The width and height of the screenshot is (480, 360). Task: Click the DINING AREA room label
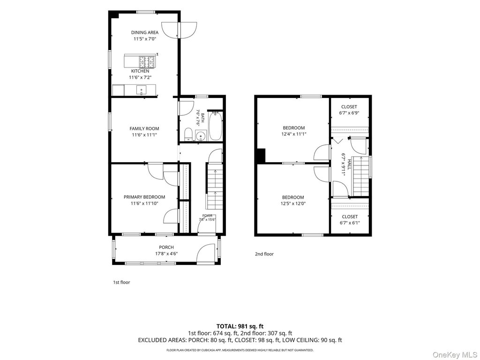coord(145,32)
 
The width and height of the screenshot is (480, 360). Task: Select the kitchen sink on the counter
coord(142,90)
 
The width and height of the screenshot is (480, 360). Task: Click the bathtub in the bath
coord(216,126)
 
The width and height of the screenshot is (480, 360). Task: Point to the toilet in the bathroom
coord(188,135)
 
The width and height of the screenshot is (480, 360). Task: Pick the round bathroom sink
coord(201,135)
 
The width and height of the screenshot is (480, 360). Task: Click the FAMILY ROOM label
coord(144,128)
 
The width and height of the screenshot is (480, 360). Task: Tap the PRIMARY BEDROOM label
coord(144,197)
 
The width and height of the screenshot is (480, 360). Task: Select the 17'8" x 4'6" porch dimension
coord(166,254)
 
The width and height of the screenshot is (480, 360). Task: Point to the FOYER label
coord(207,216)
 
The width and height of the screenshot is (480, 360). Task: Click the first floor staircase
coord(214,186)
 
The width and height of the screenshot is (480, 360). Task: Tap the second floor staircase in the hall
coord(360,176)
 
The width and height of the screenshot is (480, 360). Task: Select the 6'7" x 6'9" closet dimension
coord(349,112)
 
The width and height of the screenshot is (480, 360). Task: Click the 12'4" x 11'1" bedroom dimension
coord(293,134)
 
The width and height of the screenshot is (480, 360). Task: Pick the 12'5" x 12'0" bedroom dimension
coord(293,203)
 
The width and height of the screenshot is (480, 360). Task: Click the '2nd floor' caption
coord(264,254)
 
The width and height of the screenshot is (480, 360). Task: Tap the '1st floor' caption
coord(121,282)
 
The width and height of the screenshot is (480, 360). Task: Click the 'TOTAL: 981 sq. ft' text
coord(240,326)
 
